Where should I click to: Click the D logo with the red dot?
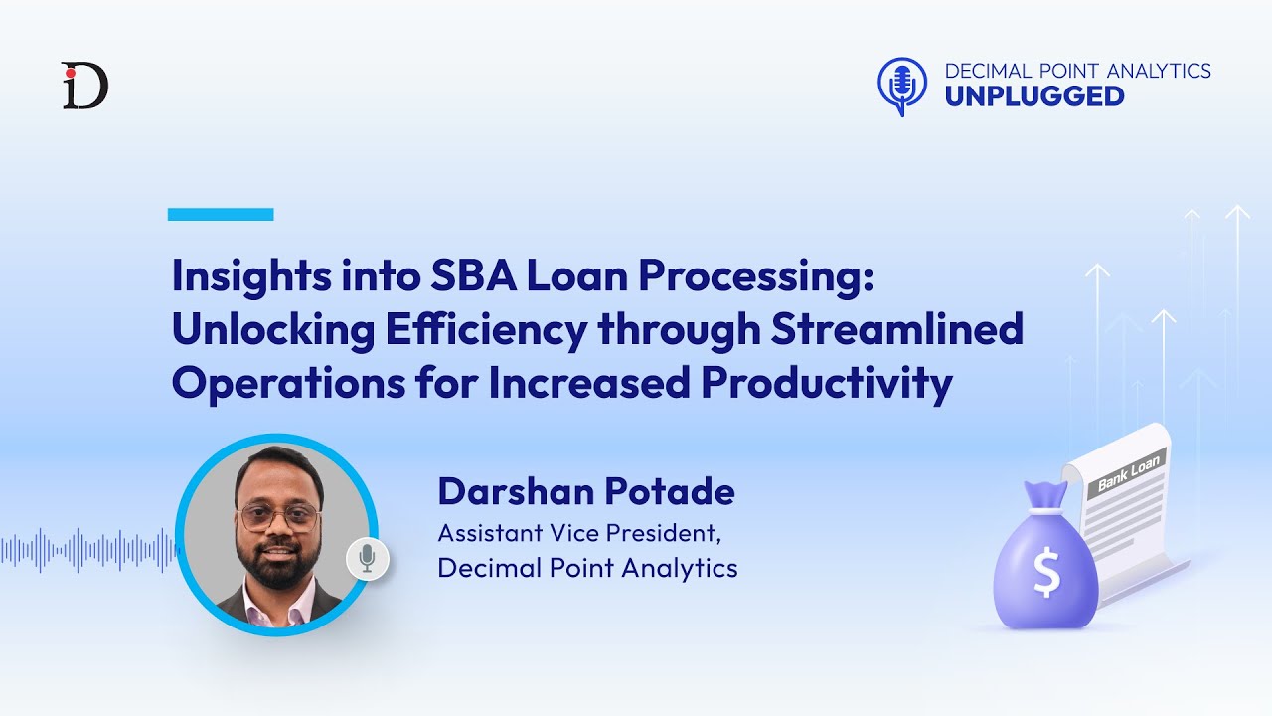(x=84, y=86)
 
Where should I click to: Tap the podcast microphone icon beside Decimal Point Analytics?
(x=902, y=85)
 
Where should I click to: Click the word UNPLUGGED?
(x=1033, y=96)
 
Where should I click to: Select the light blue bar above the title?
(x=221, y=214)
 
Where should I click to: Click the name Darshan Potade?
(x=586, y=491)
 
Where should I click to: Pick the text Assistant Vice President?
(x=578, y=533)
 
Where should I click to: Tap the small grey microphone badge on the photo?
(x=367, y=559)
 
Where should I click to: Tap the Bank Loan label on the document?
(x=1130, y=474)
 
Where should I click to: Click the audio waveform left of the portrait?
(x=89, y=550)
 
